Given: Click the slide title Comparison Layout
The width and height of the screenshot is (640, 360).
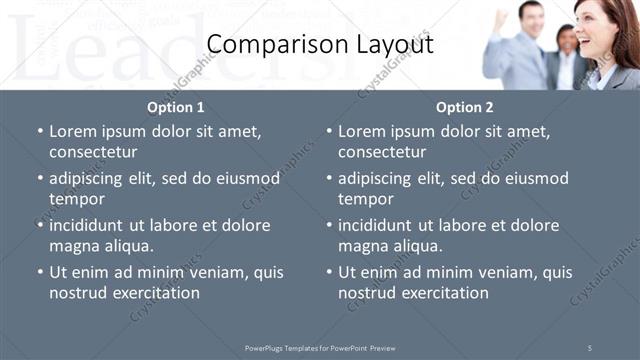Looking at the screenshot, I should pyautogui.click(x=320, y=45).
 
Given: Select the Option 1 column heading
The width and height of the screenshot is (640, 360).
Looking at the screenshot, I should pyautogui.click(x=176, y=107).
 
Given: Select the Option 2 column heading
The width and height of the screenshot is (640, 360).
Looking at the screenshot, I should pyautogui.click(x=464, y=107).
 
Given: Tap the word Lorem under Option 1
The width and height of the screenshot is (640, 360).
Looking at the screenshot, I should pyautogui.click(x=72, y=131).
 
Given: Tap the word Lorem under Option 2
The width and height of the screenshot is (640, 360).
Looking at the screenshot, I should pyautogui.click(x=361, y=131).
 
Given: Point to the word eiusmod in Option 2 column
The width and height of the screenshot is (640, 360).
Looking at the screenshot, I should pyautogui.click(x=537, y=178).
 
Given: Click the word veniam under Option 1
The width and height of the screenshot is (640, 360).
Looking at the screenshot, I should pyautogui.click(x=210, y=272).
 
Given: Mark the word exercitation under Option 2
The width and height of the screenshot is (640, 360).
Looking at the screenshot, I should pyautogui.click(x=441, y=293).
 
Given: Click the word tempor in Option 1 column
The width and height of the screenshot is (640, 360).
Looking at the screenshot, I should pyautogui.click(x=75, y=199).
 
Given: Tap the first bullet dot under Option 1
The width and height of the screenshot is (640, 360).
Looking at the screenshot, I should pyautogui.click(x=40, y=132).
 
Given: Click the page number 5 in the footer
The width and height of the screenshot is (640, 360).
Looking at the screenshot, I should pyautogui.click(x=589, y=348).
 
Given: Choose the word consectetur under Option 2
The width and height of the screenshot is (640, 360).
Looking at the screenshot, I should pyautogui.click(x=382, y=152).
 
